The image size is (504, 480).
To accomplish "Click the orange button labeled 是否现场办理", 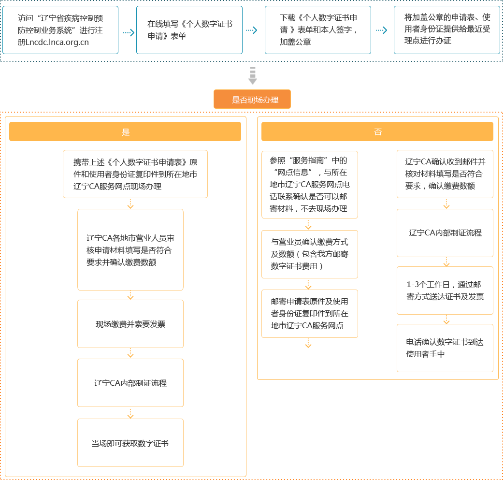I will pos(252,100).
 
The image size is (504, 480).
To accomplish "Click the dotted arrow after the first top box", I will pos(128,32).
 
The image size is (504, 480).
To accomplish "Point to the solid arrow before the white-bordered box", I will pos(381,30).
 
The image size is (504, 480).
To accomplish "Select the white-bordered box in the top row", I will pos(447,30).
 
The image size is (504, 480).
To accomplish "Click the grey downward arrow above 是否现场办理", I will pos(252,76).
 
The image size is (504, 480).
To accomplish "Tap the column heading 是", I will pos(126,132).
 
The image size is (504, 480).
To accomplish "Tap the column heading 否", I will pos(377,132).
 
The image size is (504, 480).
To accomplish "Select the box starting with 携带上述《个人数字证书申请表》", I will pos(135,174).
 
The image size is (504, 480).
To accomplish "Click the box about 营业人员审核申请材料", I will pos(130,250).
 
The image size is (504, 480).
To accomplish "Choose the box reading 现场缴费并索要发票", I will pos(130,324).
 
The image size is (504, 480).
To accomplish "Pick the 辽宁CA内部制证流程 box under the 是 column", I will pos(130,383).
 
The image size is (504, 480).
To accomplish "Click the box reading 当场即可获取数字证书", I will pos(130,443).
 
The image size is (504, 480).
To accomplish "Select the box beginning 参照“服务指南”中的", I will pos(310,184).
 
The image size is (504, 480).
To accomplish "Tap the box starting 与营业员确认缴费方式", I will pos(310,254).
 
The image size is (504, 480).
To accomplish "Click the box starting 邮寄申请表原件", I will pos(310,313).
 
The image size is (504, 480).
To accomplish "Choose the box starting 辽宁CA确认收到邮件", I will pos(445,174).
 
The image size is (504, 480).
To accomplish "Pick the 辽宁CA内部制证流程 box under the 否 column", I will pos(445,233).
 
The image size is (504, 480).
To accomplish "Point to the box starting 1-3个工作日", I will pos(445,290).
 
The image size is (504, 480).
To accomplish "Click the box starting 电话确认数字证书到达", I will pos(445,348).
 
